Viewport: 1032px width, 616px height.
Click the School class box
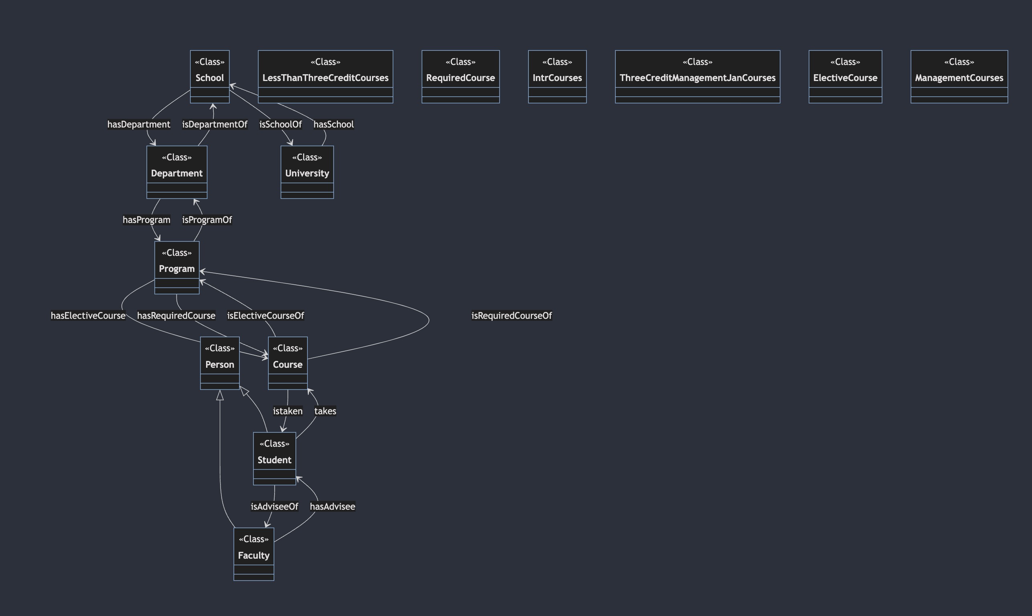tap(210, 77)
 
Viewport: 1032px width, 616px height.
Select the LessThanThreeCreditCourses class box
tap(325, 77)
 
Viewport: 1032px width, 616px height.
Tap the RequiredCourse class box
tap(461, 77)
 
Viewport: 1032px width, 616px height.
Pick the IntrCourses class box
tap(557, 77)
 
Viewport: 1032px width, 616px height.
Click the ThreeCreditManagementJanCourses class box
tap(698, 77)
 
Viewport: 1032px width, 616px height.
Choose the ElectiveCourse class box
tap(845, 77)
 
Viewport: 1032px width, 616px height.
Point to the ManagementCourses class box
tap(959, 77)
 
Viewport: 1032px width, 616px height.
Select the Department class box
tap(177, 172)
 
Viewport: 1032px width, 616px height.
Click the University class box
tap(307, 172)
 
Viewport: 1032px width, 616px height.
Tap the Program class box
tap(177, 268)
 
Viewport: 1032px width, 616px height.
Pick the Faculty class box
tap(254, 554)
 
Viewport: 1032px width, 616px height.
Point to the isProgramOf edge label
tap(207, 220)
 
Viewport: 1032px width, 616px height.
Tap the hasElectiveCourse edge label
tap(88, 316)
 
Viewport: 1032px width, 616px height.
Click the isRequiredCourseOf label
tap(512, 316)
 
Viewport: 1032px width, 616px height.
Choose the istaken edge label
tap(287, 411)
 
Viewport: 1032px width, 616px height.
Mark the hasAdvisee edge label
tap(332, 507)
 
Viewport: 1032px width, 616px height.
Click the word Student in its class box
tap(275, 460)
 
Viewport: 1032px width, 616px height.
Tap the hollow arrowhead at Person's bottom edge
tap(220, 395)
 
